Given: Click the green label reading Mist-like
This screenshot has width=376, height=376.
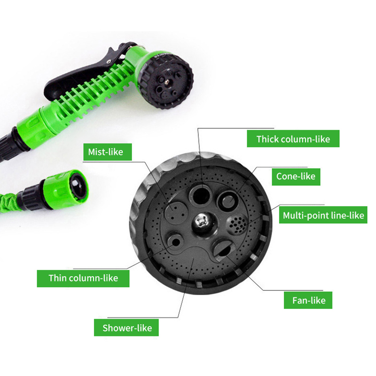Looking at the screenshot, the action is pos(108,152).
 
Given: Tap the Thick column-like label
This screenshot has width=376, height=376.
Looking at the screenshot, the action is pos(293,139).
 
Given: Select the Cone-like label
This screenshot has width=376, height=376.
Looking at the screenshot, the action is pos(296,177).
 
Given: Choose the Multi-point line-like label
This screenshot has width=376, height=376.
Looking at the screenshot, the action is pos(323,215).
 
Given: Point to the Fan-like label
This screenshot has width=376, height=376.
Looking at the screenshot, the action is pos(308,300).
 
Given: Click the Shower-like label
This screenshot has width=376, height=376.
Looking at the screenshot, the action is pos(126,327).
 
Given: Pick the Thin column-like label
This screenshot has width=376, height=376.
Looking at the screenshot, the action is pos(83,278).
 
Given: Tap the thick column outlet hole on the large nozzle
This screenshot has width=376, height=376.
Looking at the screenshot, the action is pos(201,195).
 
